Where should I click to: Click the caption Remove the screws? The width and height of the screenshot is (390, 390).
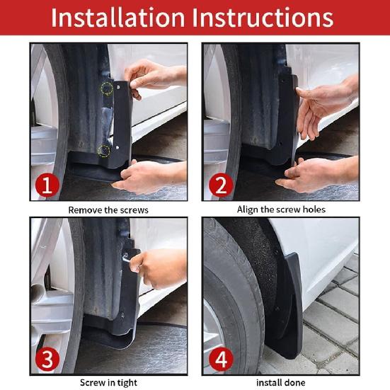(108, 210)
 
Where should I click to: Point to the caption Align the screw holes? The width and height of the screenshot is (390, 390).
(281, 210)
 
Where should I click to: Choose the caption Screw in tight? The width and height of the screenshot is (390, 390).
(108, 382)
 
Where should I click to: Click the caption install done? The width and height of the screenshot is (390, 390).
(281, 382)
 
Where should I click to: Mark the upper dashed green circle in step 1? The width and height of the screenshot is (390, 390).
(107, 88)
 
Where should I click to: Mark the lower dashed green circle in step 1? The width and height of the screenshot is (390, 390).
(105, 149)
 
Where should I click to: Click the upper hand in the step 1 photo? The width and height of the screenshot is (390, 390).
(152, 76)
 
